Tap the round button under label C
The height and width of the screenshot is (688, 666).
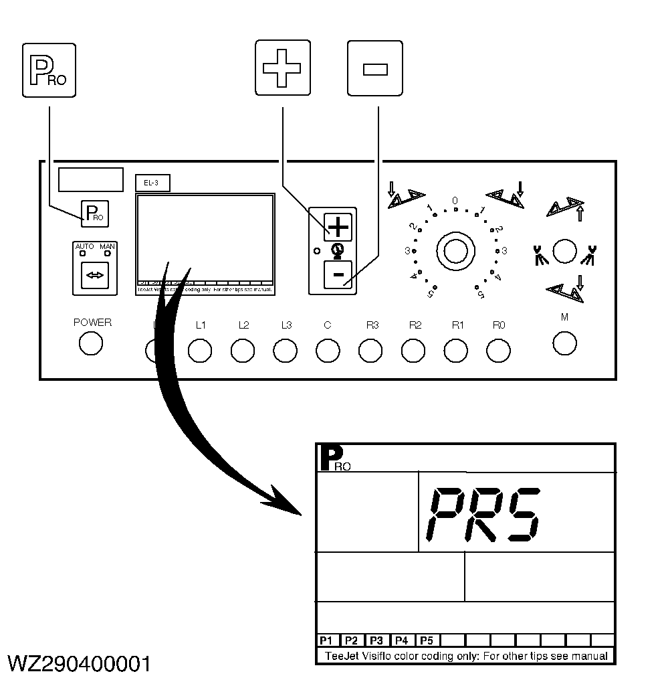point(328,350)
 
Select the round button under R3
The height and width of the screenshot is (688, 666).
point(370,350)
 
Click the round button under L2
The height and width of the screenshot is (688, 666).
point(243,350)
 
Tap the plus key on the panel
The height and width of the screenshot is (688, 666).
point(338,228)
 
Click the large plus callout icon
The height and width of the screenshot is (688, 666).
point(283,67)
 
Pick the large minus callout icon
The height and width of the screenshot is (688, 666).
point(374,67)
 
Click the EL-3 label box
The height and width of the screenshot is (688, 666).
point(152,182)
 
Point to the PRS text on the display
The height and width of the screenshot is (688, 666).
point(482,515)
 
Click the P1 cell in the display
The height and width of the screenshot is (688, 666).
point(327,640)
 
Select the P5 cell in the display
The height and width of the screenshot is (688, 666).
point(427,640)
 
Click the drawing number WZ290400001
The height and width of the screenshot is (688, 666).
point(78,665)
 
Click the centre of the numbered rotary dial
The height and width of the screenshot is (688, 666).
point(455,250)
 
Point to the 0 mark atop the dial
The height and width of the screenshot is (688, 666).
point(455,201)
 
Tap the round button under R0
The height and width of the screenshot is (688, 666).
point(498,350)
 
